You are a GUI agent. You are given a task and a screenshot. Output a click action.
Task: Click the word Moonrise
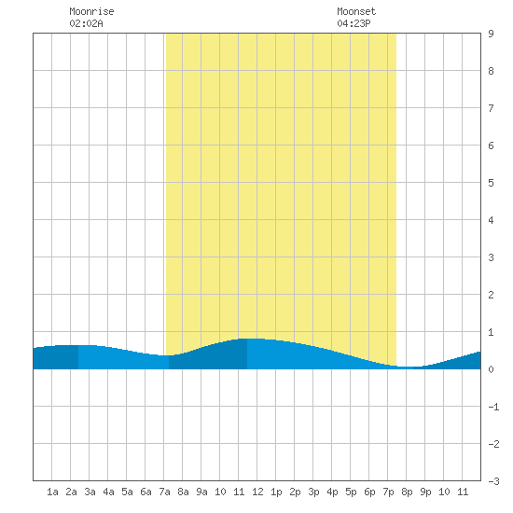coord(91,11)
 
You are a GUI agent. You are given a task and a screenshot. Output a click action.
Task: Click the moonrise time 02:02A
coord(86,23)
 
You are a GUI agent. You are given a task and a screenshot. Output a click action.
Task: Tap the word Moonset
coord(356,11)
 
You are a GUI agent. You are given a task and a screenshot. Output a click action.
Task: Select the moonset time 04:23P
coord(354,23)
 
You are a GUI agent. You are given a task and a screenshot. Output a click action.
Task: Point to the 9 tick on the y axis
coord(491,34)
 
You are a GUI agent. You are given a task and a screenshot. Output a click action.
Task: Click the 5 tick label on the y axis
coord(491,183)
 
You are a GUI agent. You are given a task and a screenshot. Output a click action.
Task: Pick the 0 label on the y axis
coord(491,369)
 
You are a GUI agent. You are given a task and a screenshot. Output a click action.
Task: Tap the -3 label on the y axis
coord(493,481)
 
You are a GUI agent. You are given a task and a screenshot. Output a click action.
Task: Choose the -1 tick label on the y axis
coord(493,407)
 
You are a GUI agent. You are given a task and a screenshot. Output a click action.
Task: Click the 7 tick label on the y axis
coord(491,108)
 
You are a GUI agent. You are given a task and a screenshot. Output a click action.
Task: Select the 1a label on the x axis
coord(52,492)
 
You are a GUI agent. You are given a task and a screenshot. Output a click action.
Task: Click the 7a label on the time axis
coord(164,492)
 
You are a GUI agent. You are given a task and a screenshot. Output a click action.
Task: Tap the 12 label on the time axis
coord(257,492)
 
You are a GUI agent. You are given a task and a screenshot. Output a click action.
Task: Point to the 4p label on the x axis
coord(332,492)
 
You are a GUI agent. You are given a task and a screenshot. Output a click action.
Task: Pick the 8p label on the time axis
coord(407,492)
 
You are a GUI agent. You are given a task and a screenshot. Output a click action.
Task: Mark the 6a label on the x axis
coord(146,492)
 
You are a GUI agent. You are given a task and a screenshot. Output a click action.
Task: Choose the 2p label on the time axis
coord(295,492)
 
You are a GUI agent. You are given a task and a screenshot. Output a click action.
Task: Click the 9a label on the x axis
coord(201,492)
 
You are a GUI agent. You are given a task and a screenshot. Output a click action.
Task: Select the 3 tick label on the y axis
coord(491,257)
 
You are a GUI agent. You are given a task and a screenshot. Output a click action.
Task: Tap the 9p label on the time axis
coord(425,492)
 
